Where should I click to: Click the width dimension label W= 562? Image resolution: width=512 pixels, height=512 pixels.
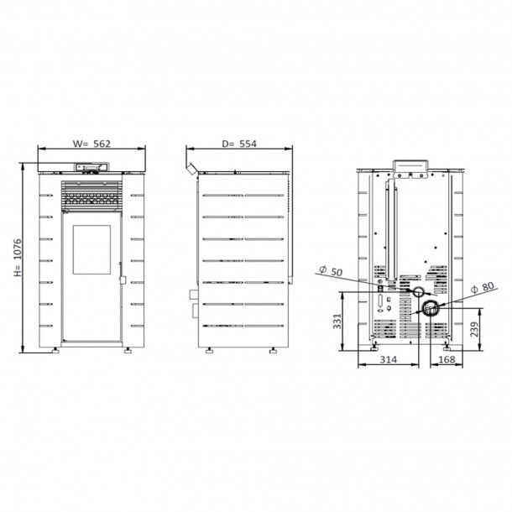pyautogui.click(x=91, y=144)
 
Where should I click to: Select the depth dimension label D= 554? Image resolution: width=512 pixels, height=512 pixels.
pyautogui.click(x=239, y=144)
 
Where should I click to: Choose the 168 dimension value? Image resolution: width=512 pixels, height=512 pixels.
pyautogui.click(x=447, y=359)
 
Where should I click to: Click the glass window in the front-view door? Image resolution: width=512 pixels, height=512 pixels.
pyautogui.click(x=91, y=248)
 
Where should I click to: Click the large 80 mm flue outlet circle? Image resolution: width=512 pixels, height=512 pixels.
pyautogui.click(x=430, y=308)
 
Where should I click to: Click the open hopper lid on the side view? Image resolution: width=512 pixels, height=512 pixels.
pyautogui.click(x=193, y=169)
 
